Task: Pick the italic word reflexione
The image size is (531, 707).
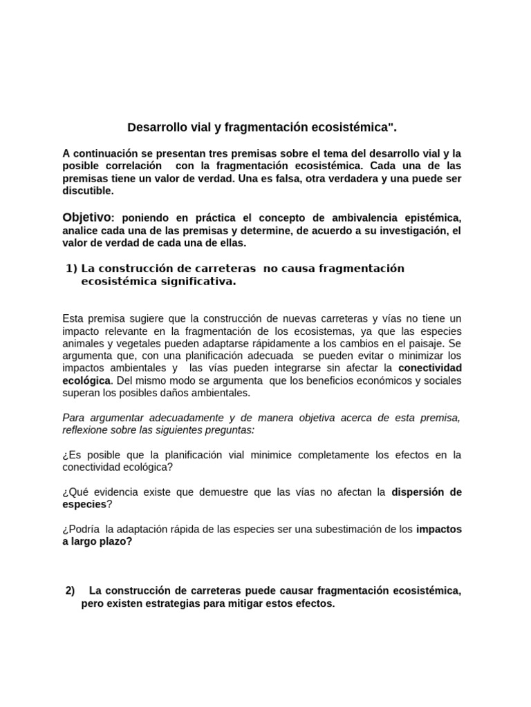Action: (x=87, y=430)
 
